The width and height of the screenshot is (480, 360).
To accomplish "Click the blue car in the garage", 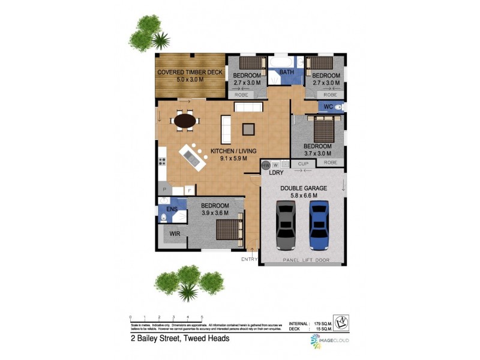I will (319, 225).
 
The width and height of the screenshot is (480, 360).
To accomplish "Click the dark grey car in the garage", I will (285, 225).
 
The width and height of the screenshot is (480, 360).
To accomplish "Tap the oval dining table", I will (185, 121).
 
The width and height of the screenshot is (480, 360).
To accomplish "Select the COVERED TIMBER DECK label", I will (190, 73).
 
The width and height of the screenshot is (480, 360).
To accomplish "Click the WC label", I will (328, 107).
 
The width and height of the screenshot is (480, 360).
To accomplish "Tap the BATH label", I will (286, 73).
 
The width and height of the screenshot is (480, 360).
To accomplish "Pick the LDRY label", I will (276, 173).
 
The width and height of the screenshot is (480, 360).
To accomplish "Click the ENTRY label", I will (249, 259).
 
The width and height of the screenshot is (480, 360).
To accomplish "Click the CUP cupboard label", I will (303, 163).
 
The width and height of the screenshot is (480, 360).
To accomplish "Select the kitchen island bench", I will (193, 157).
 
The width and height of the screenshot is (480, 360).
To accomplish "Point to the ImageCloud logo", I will (329, 340).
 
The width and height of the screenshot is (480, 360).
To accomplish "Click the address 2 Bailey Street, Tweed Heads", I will (180, 338).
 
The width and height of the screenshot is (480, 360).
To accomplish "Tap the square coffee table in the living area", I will (248, 128).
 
